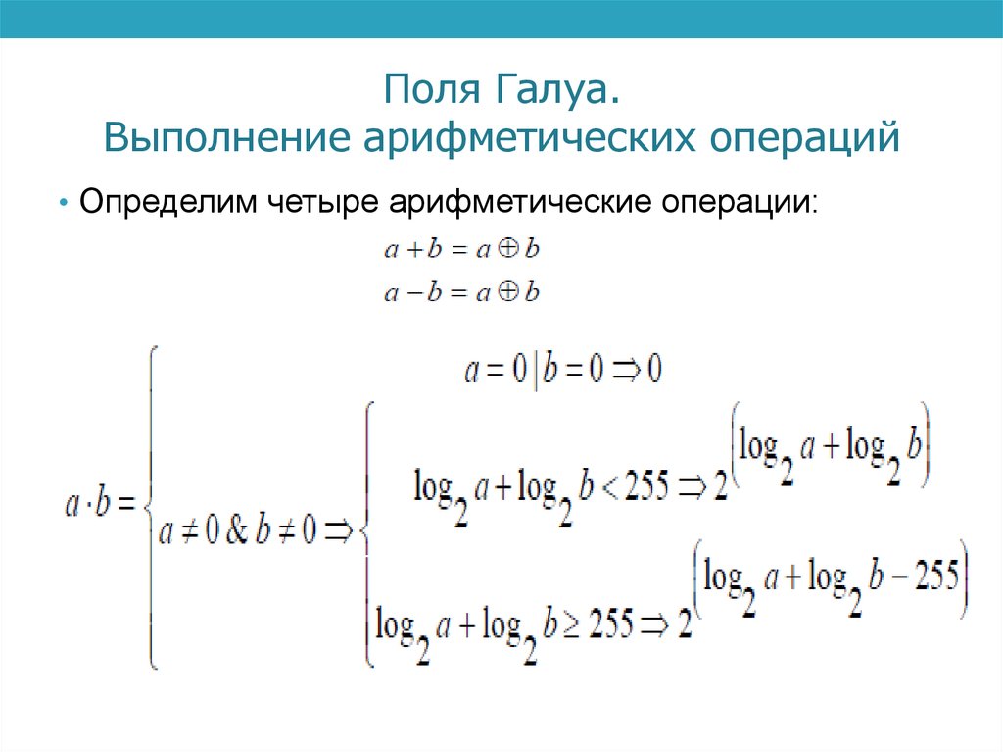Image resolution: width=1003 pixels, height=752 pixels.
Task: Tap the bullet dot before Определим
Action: coord(64,206)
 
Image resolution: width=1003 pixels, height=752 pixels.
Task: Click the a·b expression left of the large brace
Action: coord(87,505)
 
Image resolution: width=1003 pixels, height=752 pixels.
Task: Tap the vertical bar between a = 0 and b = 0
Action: coord(535,371)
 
